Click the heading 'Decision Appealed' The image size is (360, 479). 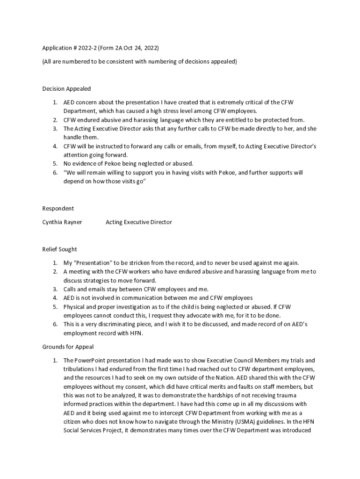click(66, 88)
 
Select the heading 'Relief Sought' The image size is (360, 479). click(59, 249)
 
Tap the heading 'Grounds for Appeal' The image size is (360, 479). click(68, 347)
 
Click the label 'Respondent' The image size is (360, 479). click(58, 209)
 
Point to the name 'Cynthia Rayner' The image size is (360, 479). click(62, 222)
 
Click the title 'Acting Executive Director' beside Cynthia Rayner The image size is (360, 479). click(139, 222)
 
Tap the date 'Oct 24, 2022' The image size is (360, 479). click(140, 48)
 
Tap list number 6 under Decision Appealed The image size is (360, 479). click(55, 173)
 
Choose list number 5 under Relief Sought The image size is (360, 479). click(55, 307)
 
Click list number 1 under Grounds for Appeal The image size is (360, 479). click(55, 360)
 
